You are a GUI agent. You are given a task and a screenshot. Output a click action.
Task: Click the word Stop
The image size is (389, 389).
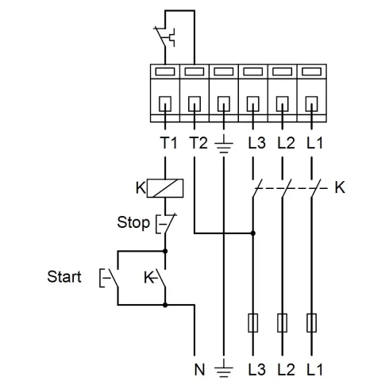[133, 222]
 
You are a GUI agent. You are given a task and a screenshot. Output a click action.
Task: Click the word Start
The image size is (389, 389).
[64, 277]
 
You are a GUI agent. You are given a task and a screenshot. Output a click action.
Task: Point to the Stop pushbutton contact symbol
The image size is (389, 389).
[164, 223]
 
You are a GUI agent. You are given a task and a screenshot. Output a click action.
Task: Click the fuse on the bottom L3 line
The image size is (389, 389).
[252, 323]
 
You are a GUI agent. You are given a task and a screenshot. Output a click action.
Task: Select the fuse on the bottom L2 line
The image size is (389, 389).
[282, 323]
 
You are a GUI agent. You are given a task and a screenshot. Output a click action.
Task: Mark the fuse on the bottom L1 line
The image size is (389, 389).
[310, 323]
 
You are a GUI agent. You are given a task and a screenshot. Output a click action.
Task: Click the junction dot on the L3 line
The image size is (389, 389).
[252, 234]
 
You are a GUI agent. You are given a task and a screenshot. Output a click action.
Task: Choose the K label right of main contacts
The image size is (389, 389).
[340, 189]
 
